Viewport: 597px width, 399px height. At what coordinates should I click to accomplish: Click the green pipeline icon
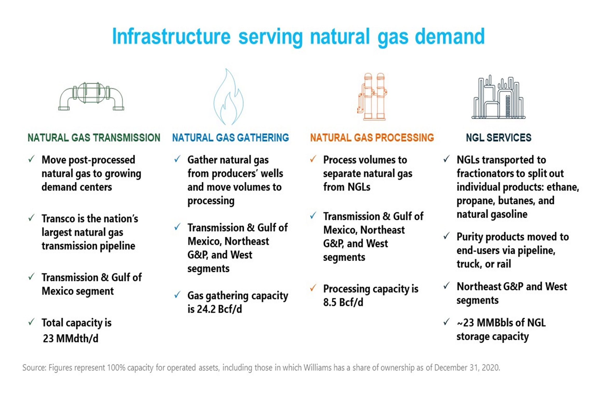(x=91, y=96)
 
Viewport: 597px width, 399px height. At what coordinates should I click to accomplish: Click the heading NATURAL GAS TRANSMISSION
(x=94, y=137)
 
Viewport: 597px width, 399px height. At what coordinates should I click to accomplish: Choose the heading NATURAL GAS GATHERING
(x=230, y=137)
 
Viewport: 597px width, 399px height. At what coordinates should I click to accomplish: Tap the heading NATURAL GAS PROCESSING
(x=372, y=137)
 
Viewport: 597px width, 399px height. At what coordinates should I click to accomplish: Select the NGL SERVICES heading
(x=499, y=137)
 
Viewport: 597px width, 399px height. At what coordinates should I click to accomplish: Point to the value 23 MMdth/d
(x=71, y=338)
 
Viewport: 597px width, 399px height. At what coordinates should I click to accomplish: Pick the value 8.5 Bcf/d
(x=343, y=302)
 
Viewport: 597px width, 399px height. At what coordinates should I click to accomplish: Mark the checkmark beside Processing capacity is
(x=313, y=288)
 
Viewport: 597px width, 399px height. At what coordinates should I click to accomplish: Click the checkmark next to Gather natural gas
(x=178, y=159)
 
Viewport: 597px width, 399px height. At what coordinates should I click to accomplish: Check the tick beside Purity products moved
(x=446, y=236)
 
